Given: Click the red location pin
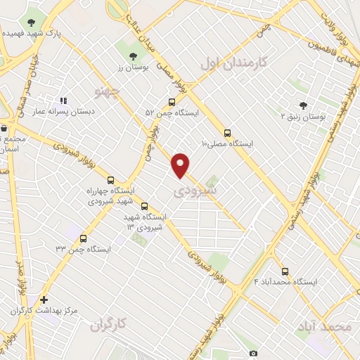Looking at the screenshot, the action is click(181, 165).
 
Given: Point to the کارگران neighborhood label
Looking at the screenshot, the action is click(108, 324).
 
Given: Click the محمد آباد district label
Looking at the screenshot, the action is click(324, 327).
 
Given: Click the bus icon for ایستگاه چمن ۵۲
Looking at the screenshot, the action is click(172, 102).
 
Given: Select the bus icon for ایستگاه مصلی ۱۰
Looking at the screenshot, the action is click(227, 132).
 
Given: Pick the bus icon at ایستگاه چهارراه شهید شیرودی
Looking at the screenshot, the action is click(110, 180).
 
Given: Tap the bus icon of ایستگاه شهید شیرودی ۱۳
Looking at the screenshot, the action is click(144, 206).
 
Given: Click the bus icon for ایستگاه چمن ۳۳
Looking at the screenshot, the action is click(84, 238).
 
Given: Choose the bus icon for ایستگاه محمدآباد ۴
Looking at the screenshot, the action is click(285, 271).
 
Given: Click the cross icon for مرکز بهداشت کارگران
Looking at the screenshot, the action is click(44, 300).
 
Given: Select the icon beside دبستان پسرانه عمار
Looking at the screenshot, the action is click(64, 101).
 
